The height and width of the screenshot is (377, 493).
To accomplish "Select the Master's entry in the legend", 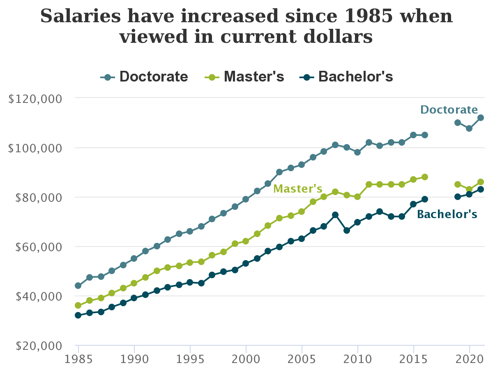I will tap(245, 77).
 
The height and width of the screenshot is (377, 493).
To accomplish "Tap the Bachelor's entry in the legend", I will tap(346, 77).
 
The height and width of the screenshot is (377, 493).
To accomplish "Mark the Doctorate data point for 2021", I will tap(480, 118).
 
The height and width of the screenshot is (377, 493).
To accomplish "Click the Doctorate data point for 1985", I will tap(78, 286).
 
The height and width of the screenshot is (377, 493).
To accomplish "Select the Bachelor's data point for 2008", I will tap(335, 215).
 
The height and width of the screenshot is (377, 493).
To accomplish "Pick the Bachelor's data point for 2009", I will tap(346, 230).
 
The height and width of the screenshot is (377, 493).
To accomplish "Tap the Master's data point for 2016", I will tap(425, 177).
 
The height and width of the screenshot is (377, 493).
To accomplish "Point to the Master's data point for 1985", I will tap(78, 305).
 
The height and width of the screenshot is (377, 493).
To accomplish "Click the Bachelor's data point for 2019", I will tap(458, 197).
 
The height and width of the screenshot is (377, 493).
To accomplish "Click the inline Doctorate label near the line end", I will tap(449, 110).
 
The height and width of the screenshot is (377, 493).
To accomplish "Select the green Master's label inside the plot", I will tap(297, 188).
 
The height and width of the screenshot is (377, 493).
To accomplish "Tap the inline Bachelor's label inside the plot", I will tap(447, 214).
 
